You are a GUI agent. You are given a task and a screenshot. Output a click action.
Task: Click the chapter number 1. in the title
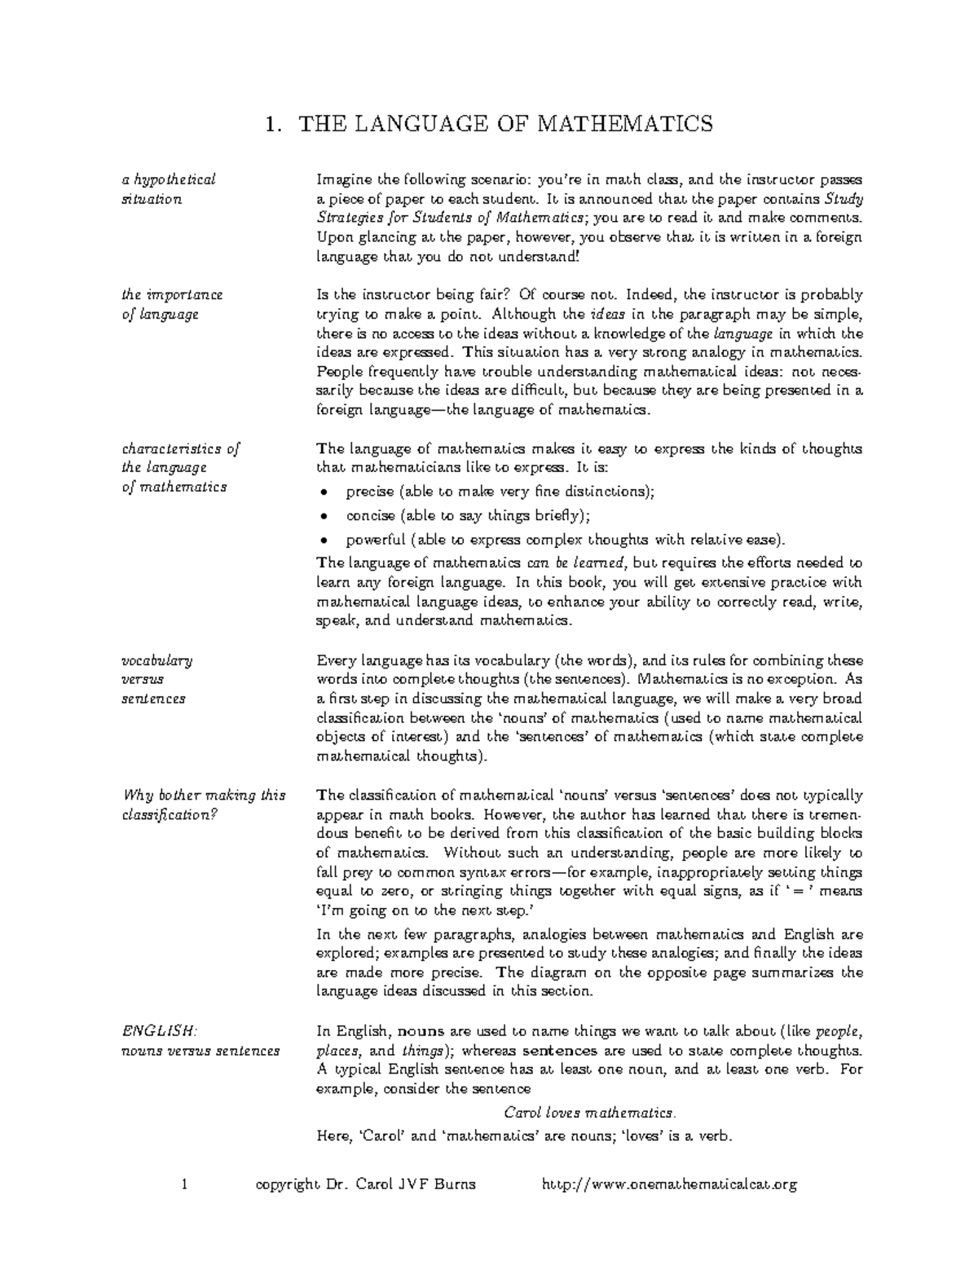click(x=275, y=124)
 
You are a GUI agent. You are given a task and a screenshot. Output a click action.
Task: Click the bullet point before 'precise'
click(x=324, y=492)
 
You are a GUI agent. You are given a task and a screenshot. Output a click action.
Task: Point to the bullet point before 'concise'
click(x=324, y=516)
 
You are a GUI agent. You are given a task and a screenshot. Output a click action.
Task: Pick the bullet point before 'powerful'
click(x=324, y=540)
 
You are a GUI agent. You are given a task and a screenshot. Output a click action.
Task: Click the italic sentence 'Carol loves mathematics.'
click(x=590, y=1113)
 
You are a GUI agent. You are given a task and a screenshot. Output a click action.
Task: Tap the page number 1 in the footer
click(x=185, y=1184)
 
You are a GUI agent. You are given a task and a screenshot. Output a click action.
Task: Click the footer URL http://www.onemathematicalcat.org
click(x=669, y=1184)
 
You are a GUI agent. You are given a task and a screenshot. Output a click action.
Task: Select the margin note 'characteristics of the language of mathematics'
click(x=179, y=468)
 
